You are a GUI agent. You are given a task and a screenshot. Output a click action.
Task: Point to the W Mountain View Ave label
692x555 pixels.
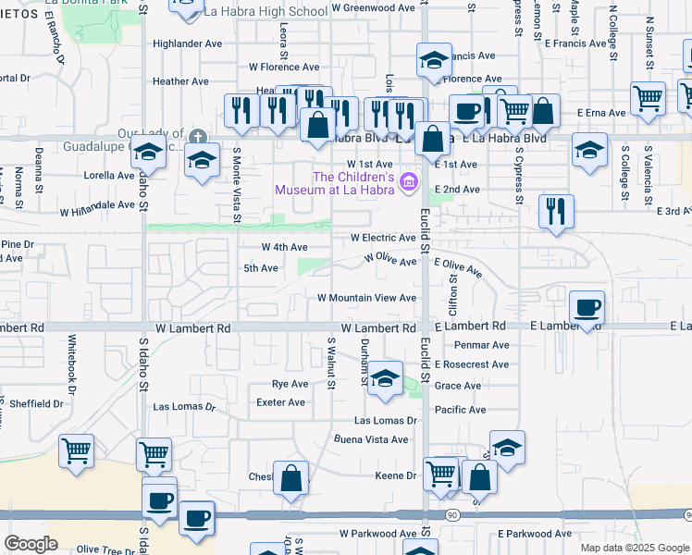(366, 298)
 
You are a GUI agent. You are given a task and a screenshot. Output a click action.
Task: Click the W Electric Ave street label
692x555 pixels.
(383, 238)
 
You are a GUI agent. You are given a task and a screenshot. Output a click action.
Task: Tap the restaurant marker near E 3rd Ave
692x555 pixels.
(556, 211)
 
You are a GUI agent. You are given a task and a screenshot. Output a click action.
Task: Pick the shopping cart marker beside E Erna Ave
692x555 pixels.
(649, 96)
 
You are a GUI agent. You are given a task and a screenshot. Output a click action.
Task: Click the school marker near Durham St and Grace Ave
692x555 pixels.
(385, 377)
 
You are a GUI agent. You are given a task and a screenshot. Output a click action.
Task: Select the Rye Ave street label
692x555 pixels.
(290, 384)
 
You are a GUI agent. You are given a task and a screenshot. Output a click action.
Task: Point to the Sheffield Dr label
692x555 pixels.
(36, 403)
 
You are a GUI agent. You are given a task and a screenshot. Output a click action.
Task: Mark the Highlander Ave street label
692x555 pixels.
(188, 43)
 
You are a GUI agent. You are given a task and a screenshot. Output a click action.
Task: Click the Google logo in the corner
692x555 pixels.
(31, 543)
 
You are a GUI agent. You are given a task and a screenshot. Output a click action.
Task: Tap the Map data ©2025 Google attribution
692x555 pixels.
(634, 548)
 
